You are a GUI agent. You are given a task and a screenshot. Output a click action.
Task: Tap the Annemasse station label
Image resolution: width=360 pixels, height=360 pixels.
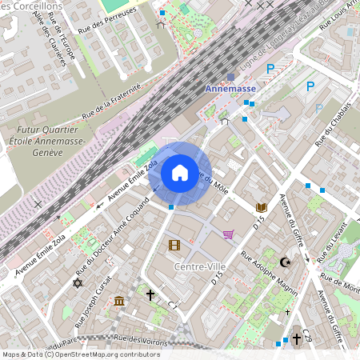[x=231, y=90]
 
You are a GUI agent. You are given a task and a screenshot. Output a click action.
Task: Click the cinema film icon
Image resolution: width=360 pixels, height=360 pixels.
[x=174, y=246]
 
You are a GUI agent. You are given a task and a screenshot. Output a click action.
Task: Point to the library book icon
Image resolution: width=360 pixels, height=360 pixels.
[x=261, y=207]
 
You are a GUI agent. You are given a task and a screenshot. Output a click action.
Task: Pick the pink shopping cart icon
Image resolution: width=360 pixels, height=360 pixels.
[x=229, y=234]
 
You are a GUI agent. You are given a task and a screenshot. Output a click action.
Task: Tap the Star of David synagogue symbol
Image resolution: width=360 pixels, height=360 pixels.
[x=78, y=282]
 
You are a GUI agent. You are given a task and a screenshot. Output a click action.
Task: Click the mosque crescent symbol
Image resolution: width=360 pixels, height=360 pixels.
[x=286, y=262]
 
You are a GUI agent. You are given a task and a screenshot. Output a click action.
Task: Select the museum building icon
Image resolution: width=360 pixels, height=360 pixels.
[x=119, y=301]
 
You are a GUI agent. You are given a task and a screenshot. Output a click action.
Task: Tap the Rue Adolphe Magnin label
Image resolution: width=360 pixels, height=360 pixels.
[x=266, y=275]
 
